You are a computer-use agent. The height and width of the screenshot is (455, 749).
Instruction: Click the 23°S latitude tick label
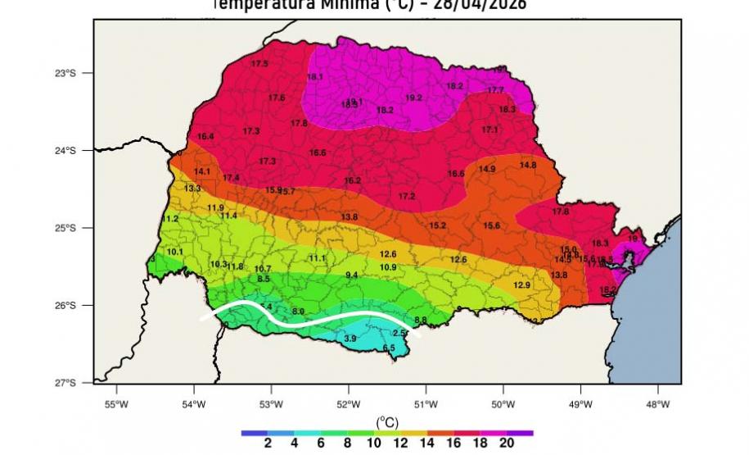pos(63,73)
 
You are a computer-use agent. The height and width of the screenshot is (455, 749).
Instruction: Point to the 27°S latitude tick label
pos(63,383)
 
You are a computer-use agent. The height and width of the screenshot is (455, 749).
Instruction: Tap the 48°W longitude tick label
pos(657,403)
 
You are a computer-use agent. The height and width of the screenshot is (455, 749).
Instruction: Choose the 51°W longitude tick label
pos(426,403)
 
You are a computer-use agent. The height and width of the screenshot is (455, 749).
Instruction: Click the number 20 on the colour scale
pos(507,443)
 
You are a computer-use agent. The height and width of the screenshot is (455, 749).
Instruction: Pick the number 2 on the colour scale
pos(268,443)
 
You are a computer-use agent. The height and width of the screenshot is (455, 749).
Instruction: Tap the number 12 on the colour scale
pos(400,443)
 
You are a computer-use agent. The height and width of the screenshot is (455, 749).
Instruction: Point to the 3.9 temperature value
pos(350,339)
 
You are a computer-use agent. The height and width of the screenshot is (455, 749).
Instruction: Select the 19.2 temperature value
pos(413,98)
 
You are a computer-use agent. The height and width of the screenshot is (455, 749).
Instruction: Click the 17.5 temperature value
pos(260,63)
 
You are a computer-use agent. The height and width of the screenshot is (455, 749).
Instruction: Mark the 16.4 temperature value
pos(205,136)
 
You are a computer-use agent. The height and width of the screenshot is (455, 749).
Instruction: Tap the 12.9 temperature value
pos(522,285)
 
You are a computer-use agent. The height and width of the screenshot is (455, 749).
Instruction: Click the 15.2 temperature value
pos(437,225)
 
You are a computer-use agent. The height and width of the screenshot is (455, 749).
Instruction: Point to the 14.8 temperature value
pos(528,165)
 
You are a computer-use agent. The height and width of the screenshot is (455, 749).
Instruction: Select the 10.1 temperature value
pos(175,252)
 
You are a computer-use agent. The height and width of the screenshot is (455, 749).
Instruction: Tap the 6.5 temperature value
pos(389,348)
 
